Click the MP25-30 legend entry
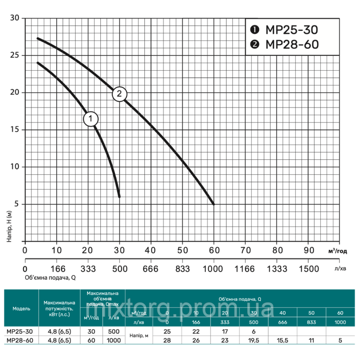pyautogui.click(x=284, y=30)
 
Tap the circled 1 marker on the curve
pyautogui.click(x=91, y=118)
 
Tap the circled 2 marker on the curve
pyautogui.click(x=120, y=94)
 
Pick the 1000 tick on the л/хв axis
pyautogui.click(x=214, y=269)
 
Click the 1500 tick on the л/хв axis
pyautogui.click(x=309, y=269)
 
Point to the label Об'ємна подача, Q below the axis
pyautogui.click(x=50, y=278)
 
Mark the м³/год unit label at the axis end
pyautogui.click(x=337, y=251)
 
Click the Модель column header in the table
pyautogui.click(x=21, y=309)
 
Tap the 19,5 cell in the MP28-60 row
pyautogui.click(x=254, y=340)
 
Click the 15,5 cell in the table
pyautogui.click(x=283, y=340)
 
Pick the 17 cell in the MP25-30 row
pyautogui.click(x=225, y=332)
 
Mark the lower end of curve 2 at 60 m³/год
pyautogui.click(x=214, y=204)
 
